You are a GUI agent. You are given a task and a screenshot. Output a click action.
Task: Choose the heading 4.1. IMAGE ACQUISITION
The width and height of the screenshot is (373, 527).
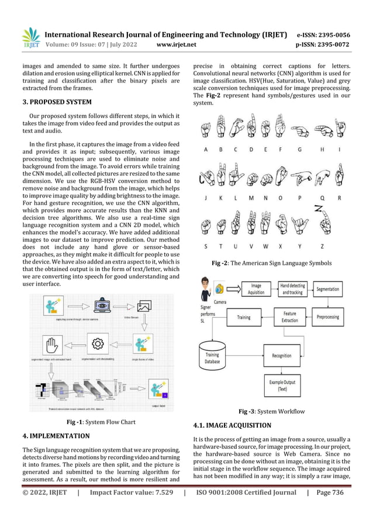(x=232, y=425)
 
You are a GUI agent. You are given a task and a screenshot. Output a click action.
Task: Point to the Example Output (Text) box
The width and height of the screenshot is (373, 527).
(x=281, y=386)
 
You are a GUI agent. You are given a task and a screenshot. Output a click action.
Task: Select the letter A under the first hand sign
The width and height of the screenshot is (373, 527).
(x=205, y=150)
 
